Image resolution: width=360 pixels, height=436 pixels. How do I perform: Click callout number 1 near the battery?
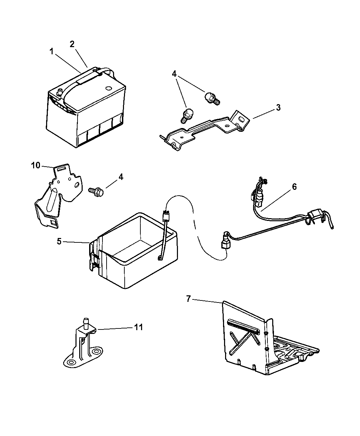click(x=51, y=52)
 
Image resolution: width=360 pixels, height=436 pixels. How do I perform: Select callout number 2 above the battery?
click(x=72, y=44)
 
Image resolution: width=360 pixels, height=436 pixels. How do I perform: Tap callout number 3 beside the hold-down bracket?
click(x=278, y=108)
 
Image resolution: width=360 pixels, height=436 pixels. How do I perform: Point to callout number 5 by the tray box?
click(x=59, y=241)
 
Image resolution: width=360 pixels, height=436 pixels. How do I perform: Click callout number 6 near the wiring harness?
click(x=294, y=187)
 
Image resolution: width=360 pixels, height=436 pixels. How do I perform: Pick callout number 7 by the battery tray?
click(x=188, y=299)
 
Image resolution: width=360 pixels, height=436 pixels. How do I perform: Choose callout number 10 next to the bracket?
click(x=36, y=165)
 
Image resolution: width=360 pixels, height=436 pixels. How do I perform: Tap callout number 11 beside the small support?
click(x=138, y=327)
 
